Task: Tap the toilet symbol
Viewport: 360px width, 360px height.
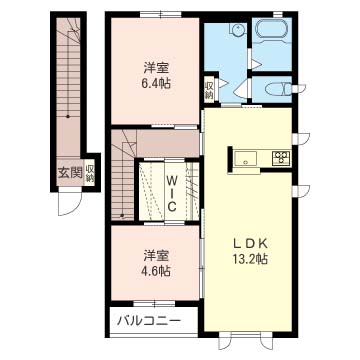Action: click(x=276, y=89)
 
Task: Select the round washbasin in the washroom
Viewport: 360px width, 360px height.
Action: click(x=238, y=29)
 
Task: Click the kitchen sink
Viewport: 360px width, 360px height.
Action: click(x=245, y=158)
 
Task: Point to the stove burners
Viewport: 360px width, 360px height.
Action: click(x=281, y=157)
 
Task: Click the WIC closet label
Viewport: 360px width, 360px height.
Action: click(x=171, y=195)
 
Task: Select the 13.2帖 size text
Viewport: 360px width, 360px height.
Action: click(x=250, y=259)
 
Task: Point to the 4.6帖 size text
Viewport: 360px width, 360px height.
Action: click(x=156, y=270)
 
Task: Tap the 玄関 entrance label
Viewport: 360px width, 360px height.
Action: click(x=71, y=173)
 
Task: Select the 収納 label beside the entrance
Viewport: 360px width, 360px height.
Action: click(x=90, y=173)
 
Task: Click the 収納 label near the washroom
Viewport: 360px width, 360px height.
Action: click(x=209, y=89)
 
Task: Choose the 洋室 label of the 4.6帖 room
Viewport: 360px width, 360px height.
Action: click(x=156, y=255)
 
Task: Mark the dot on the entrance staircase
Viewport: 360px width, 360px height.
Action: click(x=68, y=117)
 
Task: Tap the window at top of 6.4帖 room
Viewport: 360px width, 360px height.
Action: click(x=161, y=14)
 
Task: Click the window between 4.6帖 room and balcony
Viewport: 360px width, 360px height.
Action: click(x=154, y=303)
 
